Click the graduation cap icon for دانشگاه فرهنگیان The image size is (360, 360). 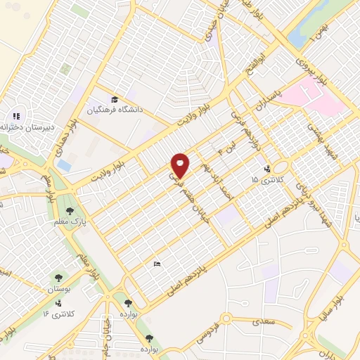[114, 99]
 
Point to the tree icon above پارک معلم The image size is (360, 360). [70, 210]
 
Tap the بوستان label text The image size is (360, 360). [58, 290]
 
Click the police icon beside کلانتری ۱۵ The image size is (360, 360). [266, 169]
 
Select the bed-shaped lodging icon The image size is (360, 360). [156, 264]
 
